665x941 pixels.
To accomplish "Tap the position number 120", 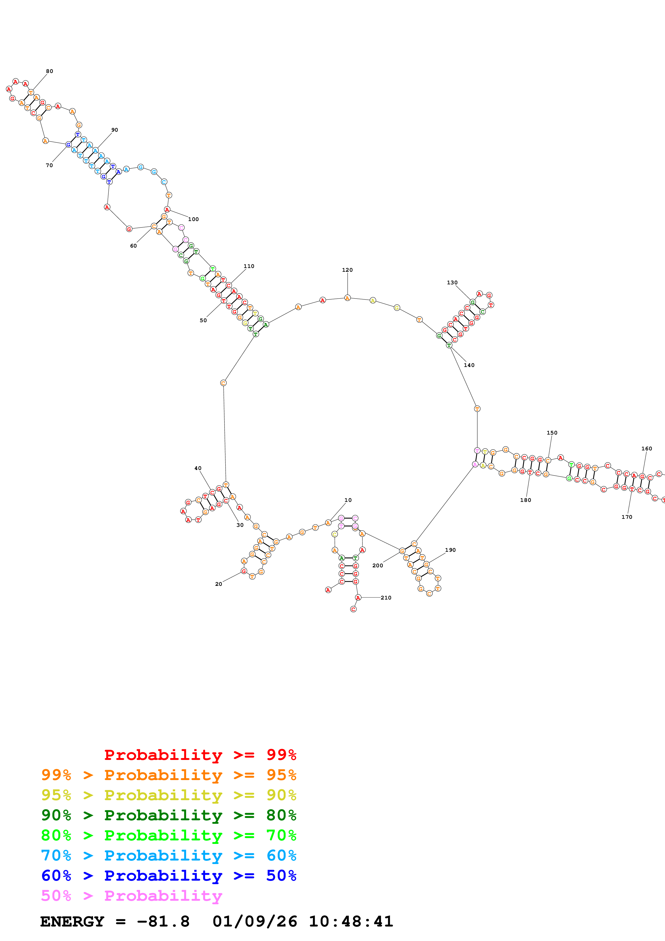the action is (347, 270).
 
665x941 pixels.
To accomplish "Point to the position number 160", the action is (646, 448).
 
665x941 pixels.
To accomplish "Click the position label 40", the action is (198, 468).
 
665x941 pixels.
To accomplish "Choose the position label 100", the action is (193, 219).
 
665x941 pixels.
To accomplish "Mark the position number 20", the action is (218, 584).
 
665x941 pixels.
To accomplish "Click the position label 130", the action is (452, 282).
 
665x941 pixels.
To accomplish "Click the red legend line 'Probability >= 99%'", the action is (200, 755).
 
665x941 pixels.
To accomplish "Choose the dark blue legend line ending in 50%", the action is (168, 876).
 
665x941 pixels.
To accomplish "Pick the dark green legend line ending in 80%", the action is (168, 815).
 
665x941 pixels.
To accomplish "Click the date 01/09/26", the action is (255, 921).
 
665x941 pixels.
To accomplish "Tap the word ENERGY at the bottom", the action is (72, 921).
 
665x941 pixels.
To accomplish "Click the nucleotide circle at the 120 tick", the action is (347, 298).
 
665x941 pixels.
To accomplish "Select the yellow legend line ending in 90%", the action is (168, 795).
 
